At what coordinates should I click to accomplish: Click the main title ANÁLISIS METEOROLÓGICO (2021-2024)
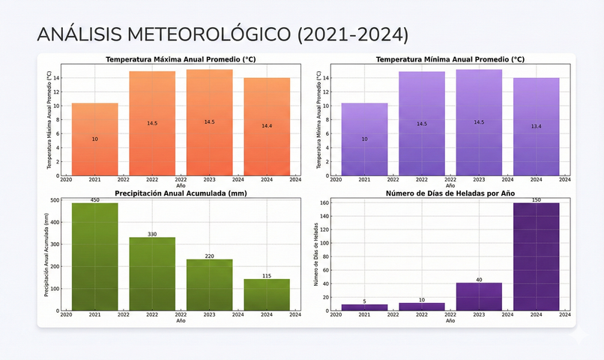tap(223, 34)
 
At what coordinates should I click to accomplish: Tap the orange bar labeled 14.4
tap(267, 127)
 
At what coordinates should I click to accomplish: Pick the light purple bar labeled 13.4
tap(536, 127)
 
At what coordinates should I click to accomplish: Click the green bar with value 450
tap(94, 256)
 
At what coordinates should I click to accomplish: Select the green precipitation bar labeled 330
tap(152, 274)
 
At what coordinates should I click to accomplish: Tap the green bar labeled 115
tap(267, 295)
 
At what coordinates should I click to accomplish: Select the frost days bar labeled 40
tap(479, 296)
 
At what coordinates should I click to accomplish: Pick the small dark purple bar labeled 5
tap(364, 307)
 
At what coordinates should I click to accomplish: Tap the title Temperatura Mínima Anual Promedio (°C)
tap(450, 59)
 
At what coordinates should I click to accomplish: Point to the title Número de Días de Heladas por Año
tap(450, 193)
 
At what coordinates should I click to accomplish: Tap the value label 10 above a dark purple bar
tap(422, 300)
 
